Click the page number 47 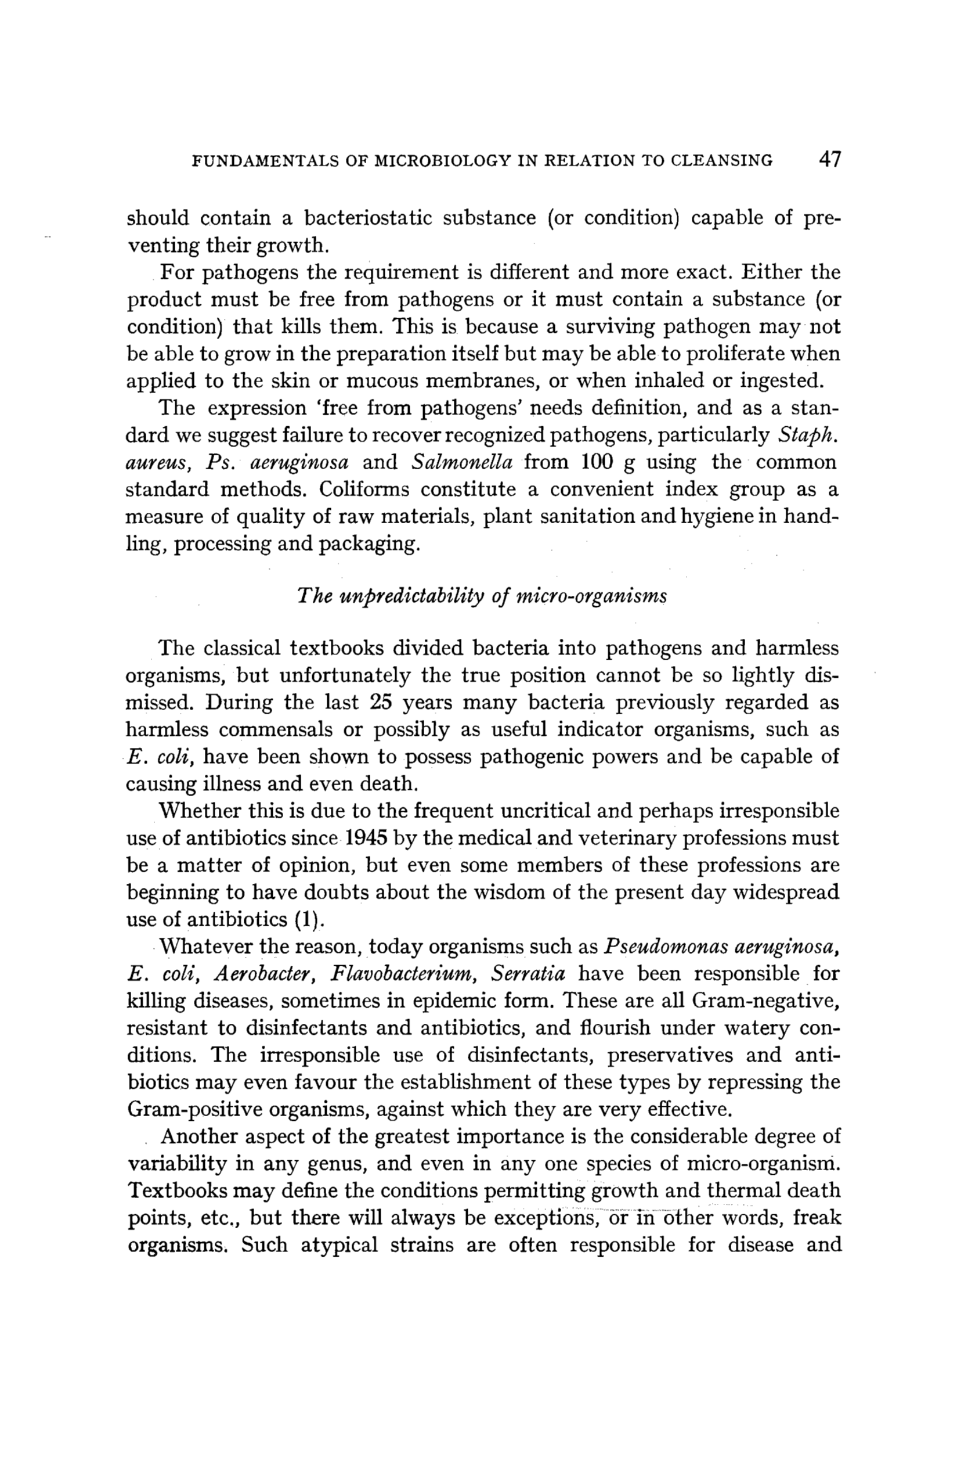tap(829, 160)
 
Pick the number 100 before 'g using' tap(597, 463)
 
